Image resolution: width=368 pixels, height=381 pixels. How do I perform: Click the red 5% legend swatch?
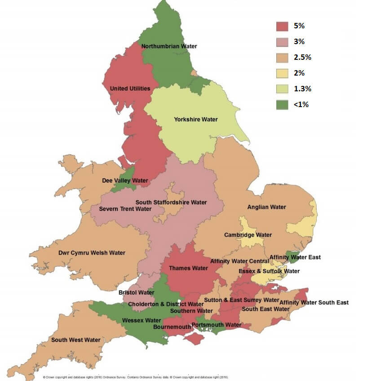282,26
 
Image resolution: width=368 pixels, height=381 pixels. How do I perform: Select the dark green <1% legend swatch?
282,104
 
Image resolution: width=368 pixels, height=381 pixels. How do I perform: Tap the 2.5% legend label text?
302,57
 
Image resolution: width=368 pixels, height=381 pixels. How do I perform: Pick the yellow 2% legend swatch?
282,73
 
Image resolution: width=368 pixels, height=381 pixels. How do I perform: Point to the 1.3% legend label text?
302,88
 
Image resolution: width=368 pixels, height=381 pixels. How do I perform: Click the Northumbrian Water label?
169,46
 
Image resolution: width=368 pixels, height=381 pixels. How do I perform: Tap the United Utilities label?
130,89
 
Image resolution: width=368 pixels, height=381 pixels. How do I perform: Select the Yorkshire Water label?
195,119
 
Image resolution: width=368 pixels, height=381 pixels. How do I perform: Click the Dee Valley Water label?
125,181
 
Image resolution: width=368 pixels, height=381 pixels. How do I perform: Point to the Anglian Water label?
266,207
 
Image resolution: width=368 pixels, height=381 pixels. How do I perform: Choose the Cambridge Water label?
248,235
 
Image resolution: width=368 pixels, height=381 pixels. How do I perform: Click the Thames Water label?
188,268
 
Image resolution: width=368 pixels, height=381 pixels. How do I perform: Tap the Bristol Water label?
136,292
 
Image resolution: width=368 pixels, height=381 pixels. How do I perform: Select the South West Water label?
75,340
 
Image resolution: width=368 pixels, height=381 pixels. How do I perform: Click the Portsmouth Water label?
217,325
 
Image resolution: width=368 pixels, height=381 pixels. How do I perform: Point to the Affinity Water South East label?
314,302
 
